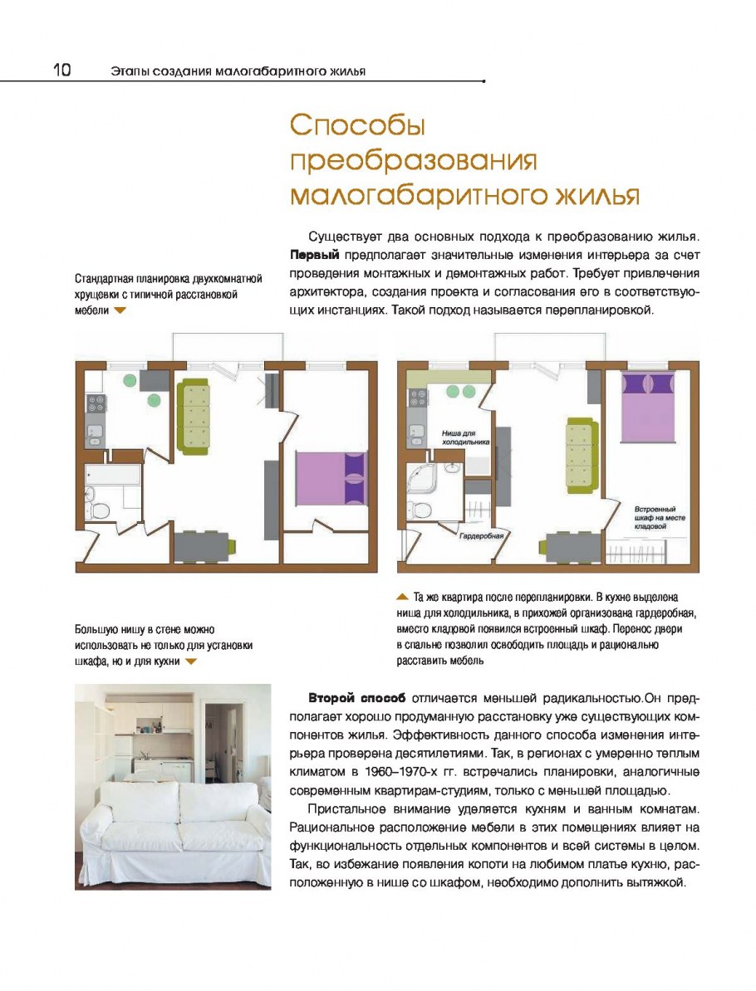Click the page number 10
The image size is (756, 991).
pyautogui.click(x=62, y=71)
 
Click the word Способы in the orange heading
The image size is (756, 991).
pyautogui.click(x=357, y=126)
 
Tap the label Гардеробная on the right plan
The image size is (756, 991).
pyautogui.click(x=482, y=536)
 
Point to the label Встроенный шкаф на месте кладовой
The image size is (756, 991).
pyautogui.click(x=655, y=517)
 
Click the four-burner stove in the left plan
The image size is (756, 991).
pyautogui.click(x=96, y=404)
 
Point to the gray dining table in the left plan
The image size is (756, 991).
pyautogui.click(x=204, y=545)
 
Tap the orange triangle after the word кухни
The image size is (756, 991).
pyautogui.click(x=191, y=661)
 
